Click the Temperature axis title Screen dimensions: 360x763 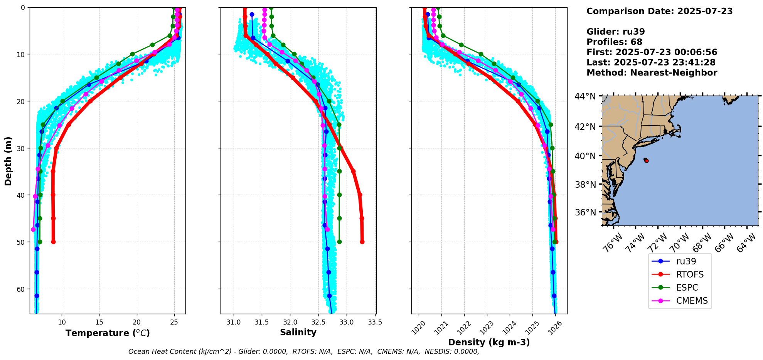(108, 333)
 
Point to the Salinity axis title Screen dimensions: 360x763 (298, 332)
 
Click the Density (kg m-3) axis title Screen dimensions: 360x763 (489, 342)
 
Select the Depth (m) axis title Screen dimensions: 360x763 (8, 161)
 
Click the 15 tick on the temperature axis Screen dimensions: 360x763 (99, 322)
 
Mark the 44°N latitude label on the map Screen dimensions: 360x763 (585, 96)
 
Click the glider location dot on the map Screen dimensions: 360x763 (646, 160)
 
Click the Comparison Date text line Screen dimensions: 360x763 (659, 11)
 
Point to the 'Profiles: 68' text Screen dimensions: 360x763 (614, 42)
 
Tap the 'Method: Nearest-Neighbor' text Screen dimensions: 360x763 (652, 73)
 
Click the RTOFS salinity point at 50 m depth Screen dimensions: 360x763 (362, 242)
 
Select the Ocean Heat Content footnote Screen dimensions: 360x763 (303, 352)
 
